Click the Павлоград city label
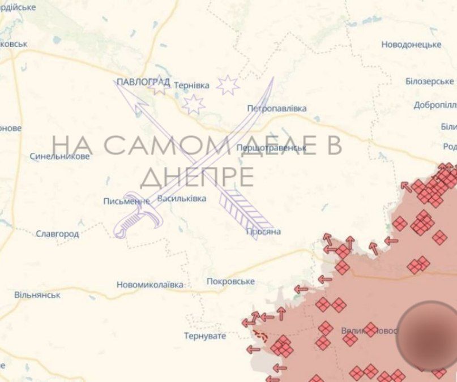coord(143,83)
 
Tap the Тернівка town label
coord(191,85)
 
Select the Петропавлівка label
coord(277,108)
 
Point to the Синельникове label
coord(59,156)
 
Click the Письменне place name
coord(126,201)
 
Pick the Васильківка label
coord(181,199)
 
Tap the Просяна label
coord(263,231)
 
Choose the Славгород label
coord(57,234)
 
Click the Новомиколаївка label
coord(150,285)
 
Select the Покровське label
coord(230,281)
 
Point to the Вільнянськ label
coord(37,295)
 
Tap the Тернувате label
coord(204,336)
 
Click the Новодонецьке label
coord(411,45)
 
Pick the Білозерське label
coord(429,81)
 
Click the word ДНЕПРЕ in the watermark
coord(197,177)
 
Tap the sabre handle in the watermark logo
coord(131,222)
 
